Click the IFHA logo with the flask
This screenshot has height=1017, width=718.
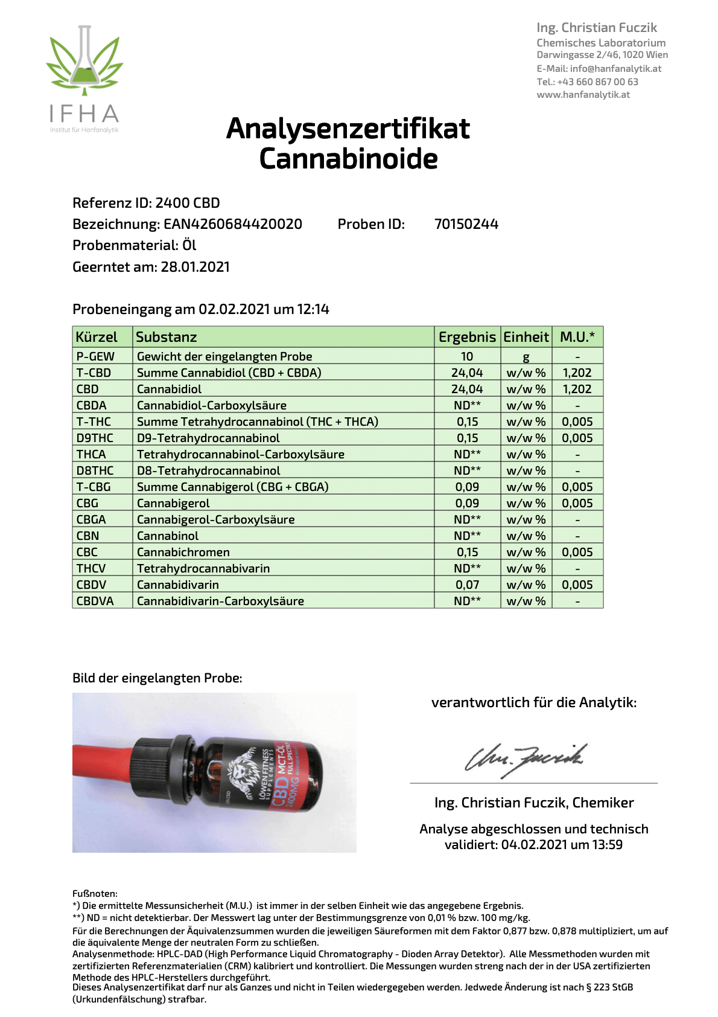coord(84,79)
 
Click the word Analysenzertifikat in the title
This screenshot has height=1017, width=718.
coord(348,129)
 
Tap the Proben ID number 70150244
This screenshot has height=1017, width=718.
coord(466,224)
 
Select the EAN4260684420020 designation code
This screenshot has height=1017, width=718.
coord(233,224)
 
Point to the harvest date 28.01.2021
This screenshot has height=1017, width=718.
coord(195,267)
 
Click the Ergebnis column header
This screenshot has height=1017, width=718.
coord(467,337)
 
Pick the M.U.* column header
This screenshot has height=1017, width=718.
coord(577,337)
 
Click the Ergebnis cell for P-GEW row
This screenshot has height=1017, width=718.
coord(467,356)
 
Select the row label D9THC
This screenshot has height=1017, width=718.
coord(95,438)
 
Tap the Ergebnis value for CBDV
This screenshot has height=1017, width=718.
coord(467,585)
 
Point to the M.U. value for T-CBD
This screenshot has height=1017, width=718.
coord(577,373)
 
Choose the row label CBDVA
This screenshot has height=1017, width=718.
coord(95,601)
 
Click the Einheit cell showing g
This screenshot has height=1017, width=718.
coord(526,357)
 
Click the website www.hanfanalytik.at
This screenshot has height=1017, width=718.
coord(583,95)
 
